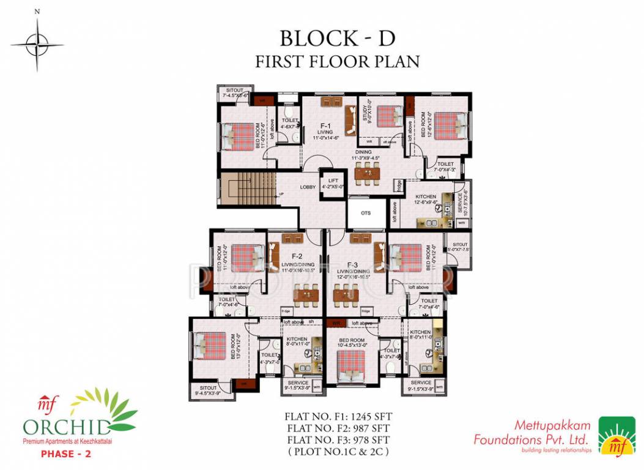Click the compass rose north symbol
[x=37, y=43]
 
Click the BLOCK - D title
[x=337, y=38]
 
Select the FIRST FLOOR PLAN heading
[x=337, y=61]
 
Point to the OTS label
[x=366, y=213]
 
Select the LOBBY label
[x=308, y=187]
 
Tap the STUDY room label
[x=366, y=115]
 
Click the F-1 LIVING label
[x=325, y=132]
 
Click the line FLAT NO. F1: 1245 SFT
[x=337, y=416]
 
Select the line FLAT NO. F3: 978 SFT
[x=337, y=439]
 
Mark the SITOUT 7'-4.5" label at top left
[x=234, y=93]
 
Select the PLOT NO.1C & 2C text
[x=337, y=452]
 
